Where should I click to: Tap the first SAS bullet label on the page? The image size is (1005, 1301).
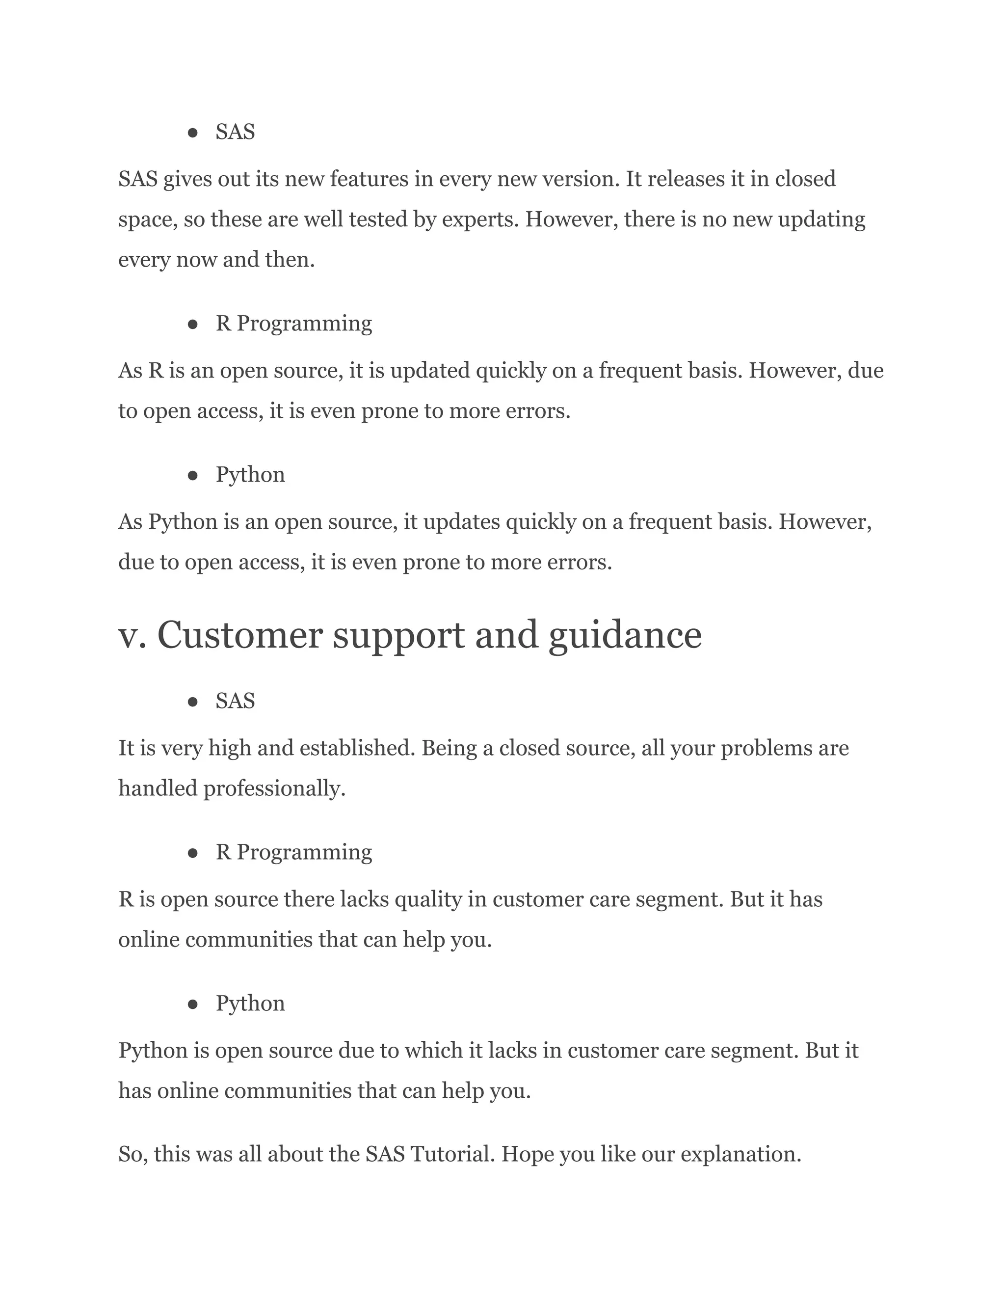click(235, 132)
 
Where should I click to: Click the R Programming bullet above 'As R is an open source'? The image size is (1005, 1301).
click(293, 324)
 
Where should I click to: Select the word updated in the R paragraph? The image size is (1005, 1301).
click(430, 371)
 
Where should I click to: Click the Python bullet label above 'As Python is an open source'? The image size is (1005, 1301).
click(250, 475)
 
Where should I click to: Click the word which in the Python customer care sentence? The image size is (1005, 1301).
click(434, 1050)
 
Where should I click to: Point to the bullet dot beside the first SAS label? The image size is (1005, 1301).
click(192, 132)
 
